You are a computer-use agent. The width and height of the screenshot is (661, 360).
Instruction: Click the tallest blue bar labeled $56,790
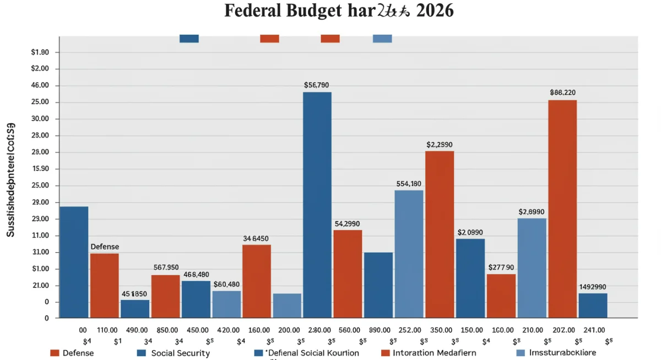(317, 204)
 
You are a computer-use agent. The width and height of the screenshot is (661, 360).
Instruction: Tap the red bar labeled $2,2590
(440, 233)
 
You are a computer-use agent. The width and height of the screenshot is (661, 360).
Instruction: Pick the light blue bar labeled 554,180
(409, 253)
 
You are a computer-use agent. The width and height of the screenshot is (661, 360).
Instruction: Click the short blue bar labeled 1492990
(593, 305)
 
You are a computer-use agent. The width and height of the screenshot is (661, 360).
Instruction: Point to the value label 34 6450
(256, 239)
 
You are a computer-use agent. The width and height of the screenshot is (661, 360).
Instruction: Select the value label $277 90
(501, 268)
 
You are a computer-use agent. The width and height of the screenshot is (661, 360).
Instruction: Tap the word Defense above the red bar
(105, 247)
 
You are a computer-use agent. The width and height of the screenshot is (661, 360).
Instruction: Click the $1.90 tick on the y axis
(41, 52)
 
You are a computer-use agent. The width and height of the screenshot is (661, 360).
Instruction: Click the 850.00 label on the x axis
(167, 330)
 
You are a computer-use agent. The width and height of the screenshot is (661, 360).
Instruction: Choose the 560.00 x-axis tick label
(348, 330)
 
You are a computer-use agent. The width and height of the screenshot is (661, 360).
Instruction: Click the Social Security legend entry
(180, 353)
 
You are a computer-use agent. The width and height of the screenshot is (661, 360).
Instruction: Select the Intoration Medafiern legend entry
(435, 353)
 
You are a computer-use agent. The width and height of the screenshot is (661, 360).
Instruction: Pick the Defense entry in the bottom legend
(78, 353)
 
